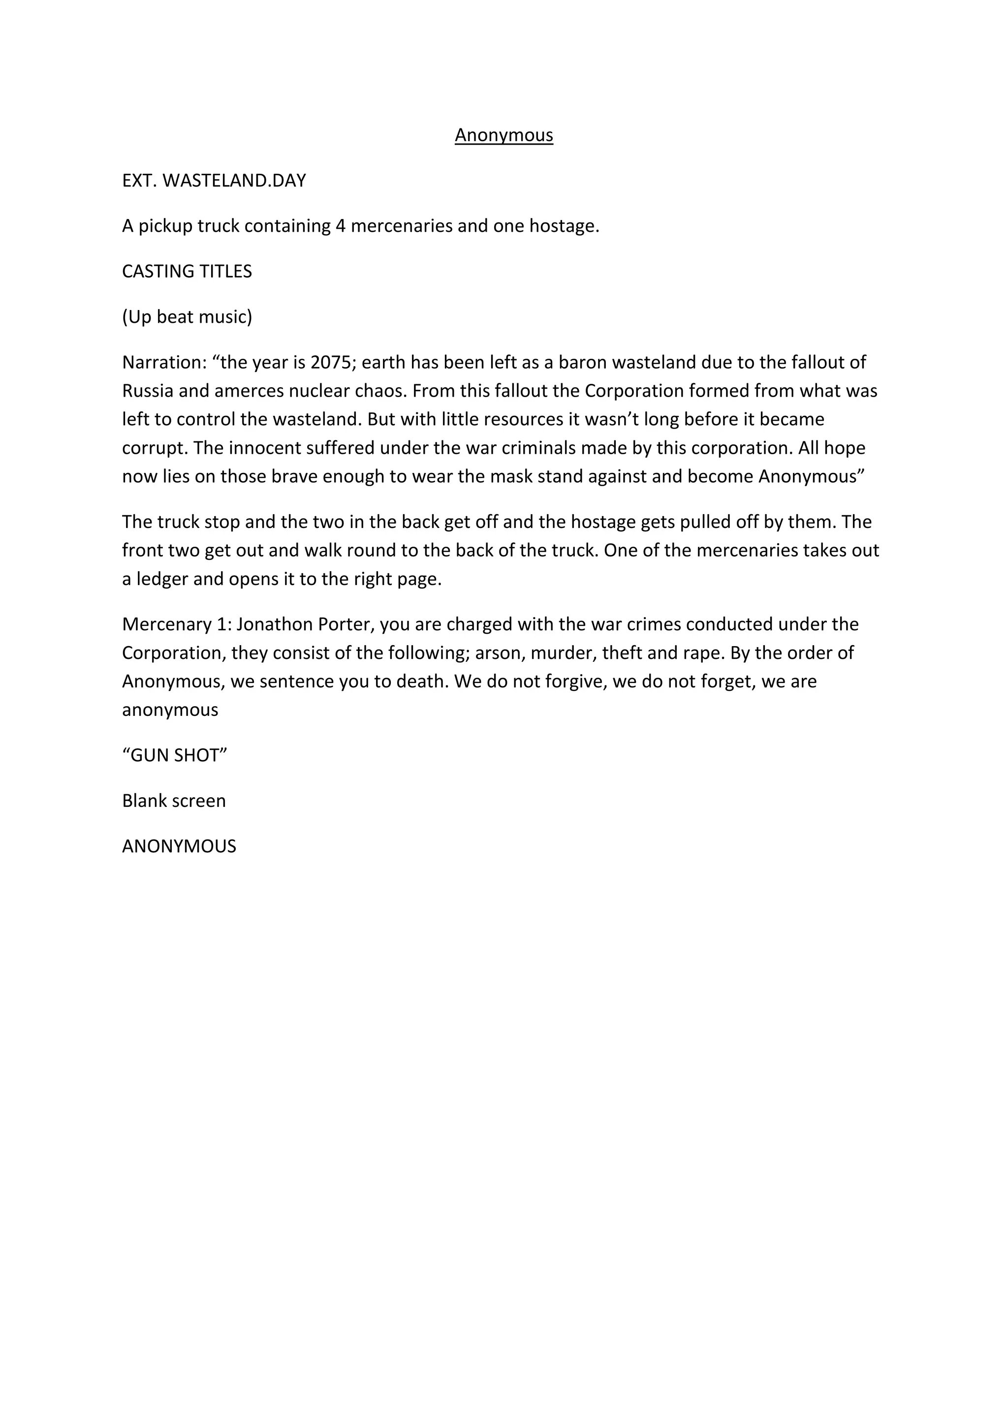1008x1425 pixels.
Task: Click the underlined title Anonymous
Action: [x=504, y=135]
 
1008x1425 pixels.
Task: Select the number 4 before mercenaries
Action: [x=340, y=226]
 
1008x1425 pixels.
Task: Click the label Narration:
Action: [x=164, y=362]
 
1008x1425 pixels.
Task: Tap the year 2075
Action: [x=330, y=362]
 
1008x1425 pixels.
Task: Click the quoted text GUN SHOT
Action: [x=174, y=755]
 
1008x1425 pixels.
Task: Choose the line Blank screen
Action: [x=174, y=801]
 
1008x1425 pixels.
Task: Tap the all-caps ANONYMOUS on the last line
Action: [x=179, y=846]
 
